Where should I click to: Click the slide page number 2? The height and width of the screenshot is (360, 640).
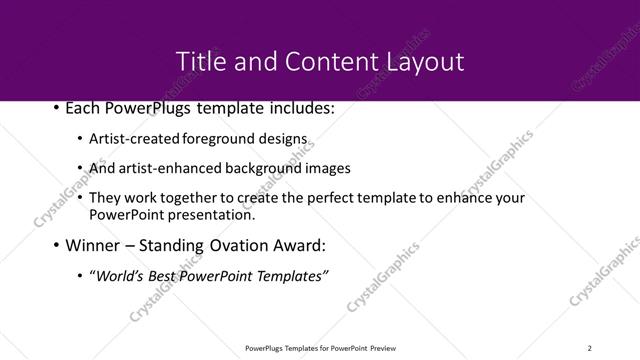click(589, 347)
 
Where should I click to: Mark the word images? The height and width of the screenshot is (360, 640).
click(329, 168)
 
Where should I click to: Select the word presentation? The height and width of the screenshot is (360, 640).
click(212, 214)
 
